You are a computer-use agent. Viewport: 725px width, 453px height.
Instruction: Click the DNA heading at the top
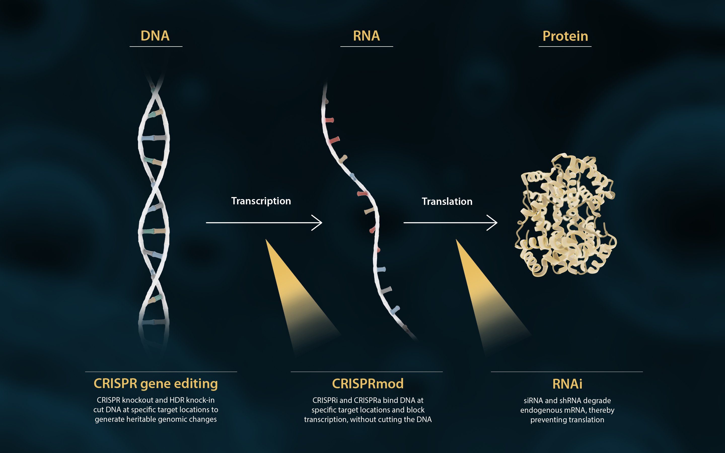pos(155,36)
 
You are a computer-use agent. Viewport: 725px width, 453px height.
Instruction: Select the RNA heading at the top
pos(366,36)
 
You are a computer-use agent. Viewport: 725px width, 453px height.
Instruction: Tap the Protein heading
pos(565,36)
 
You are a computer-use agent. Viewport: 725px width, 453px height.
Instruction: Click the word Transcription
pos(261,201)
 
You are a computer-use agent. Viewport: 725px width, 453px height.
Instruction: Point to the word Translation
pos(447,201)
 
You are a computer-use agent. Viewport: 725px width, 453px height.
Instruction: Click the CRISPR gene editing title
pos(156,384)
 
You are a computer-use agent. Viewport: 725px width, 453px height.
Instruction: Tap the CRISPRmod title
pos(368,384)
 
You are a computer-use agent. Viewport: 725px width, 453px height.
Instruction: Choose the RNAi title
pos(567,384)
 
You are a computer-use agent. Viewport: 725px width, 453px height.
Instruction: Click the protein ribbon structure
pos(565,216)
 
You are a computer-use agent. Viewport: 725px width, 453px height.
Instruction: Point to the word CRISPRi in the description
pos(325,400)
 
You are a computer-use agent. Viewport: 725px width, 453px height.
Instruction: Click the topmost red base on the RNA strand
pos(330,120)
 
